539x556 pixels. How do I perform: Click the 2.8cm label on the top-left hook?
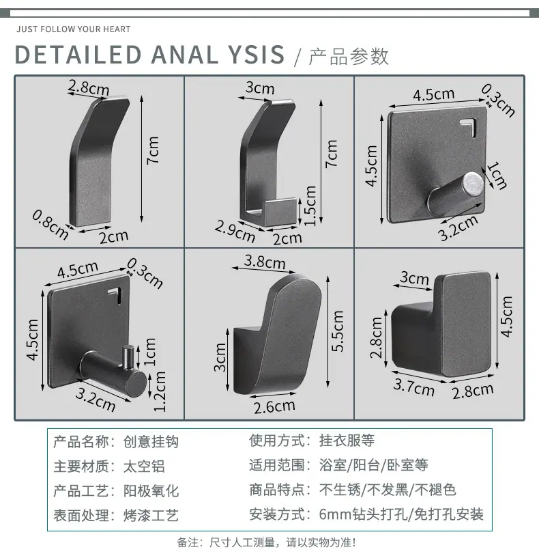coord(89,87)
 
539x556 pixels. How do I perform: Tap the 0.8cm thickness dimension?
coord(50,225)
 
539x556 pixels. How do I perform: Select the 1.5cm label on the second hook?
coord(310,206)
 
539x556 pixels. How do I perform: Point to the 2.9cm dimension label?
coord(235,231)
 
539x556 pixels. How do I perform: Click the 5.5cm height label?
coord(338,331)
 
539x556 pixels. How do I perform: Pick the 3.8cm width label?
coord(265,262)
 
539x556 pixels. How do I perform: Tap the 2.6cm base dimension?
coord(274,406)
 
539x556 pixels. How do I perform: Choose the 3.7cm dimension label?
coord(413,387)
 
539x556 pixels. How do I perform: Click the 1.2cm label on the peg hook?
coord(160,391)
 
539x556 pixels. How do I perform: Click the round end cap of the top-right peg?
coord(474,184)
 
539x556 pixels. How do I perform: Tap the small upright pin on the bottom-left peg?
coord(128,356)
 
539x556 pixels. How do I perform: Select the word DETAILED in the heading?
coord(78,55)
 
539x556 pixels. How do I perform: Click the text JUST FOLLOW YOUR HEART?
coord(73,29)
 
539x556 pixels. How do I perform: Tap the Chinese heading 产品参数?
coord(349,57)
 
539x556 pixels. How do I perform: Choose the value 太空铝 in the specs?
coord(144,467)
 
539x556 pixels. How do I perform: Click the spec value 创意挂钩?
coord(151,442)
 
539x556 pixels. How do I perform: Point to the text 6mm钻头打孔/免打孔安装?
coord(401,514)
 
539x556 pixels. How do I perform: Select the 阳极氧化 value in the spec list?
coord(151,491)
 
